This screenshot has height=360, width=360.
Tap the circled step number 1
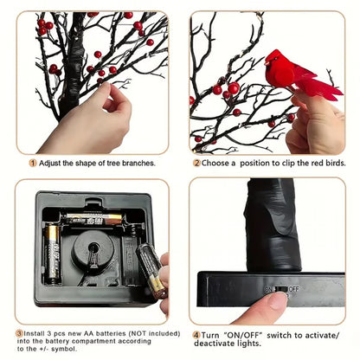(33, 162)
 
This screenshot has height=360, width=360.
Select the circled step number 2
(196, 162)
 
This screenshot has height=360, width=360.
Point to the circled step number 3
(20, 332)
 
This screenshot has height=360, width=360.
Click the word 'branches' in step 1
(135, 162)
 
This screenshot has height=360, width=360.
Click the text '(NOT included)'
(137, 332)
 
